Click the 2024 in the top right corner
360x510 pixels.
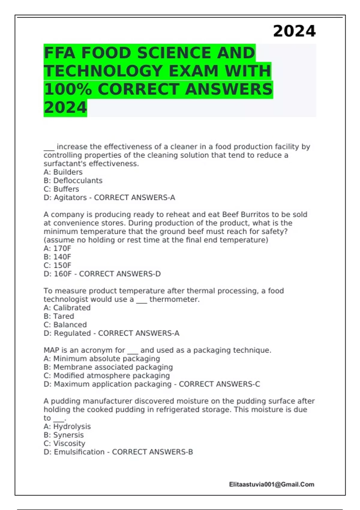pyautogui.click(x=294, y=31)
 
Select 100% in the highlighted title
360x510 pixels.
pyautogui.click(x=68, y=89)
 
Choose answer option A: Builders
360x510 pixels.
pyautogui.click(x=63, y=172)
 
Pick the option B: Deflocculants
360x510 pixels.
pyautogui.click(x=73, y=181)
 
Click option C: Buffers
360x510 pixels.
pyautogui.click(x=61, y=189)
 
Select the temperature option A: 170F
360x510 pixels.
pyautogui.click(x=57, y=248)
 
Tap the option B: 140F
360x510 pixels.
pyautogui.click(x=57, y=257)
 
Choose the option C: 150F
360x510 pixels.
pyautogui.click(x=57, y=265)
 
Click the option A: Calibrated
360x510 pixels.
pyautogui.click(x=67, y=308)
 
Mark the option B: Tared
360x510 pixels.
pyautogui.click(x=59, y=316)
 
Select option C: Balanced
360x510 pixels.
pyautogui.click(x=65, y=325)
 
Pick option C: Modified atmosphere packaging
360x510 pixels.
pyautogui.click(x=106, y=376)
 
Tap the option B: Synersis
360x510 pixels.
pyautogui.click(x=64, y=435)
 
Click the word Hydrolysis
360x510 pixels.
pyautogui.click(x=72, y=427)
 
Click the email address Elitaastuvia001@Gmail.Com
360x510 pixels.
pyautogui.click(x=271, y=484)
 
